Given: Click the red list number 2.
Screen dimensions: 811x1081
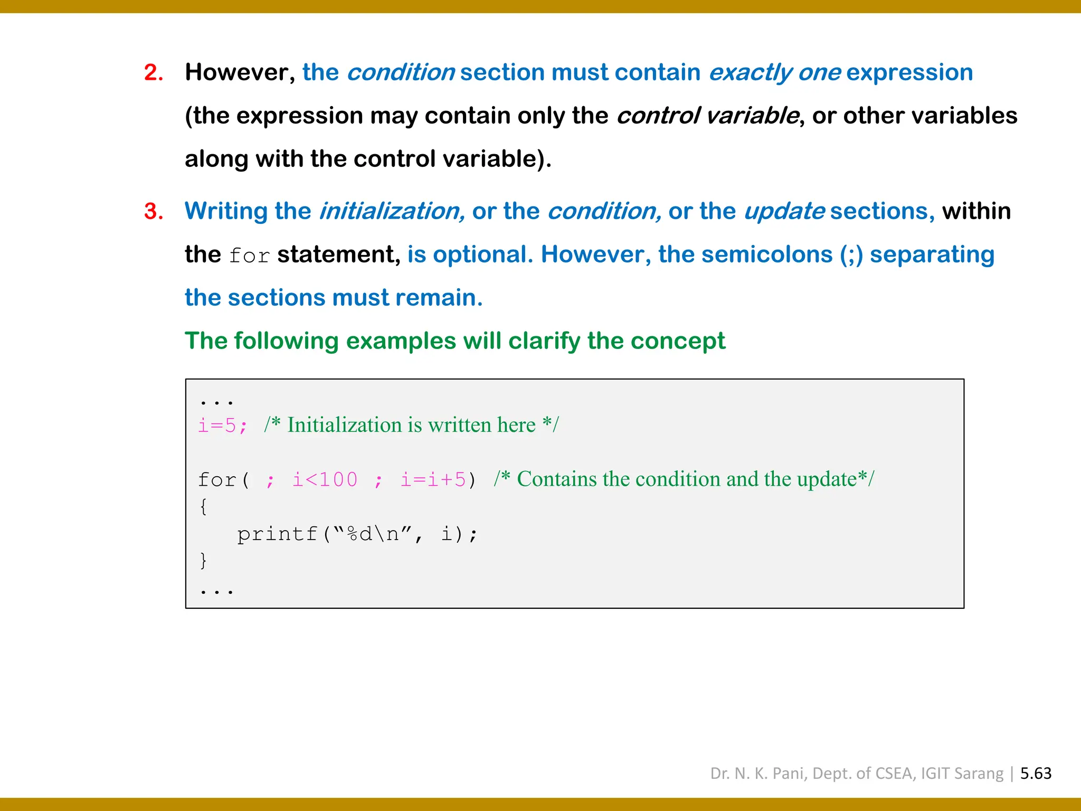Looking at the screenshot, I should (x=153, y=72).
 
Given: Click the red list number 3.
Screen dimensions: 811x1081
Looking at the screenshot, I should (x=153, y=211).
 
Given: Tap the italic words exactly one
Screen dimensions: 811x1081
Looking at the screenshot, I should (x=774, y=72).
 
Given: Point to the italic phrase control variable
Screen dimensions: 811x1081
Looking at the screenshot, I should (x=707, y=116).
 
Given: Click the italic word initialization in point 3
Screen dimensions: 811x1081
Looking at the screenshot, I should (x=392, y=211).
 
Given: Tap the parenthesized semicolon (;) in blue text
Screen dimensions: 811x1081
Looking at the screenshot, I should (x=851, y=255).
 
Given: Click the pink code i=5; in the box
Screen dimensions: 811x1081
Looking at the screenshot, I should (x=222, y=426).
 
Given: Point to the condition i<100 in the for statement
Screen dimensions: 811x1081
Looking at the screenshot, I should (x=325, y=480).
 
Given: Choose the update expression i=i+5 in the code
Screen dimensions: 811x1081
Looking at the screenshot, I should (x=433, y=480).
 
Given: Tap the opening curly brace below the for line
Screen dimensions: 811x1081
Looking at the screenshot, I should (x=203, y=507).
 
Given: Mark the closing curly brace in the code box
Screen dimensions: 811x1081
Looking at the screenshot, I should (x=203, y=560).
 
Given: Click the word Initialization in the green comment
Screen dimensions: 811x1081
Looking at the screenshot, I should (x=344, y=425).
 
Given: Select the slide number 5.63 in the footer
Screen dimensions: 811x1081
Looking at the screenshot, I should (x=1035, y=774).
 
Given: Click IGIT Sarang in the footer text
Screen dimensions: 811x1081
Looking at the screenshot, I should (x=962, y=774).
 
